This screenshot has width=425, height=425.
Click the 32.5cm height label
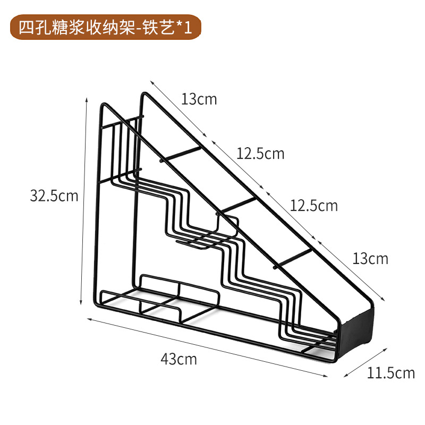pos(54,196)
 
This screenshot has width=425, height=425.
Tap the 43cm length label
pos(178,359)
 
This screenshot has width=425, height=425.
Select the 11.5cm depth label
pos(390,373)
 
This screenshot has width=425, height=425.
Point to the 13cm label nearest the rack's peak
pos(199,99)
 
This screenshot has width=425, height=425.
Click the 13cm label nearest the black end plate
pos(370,259)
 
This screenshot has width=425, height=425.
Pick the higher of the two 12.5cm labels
pos(260,154)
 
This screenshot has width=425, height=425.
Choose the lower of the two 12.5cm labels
pos(313,205)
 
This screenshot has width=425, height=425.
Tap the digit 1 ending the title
pos(188,28)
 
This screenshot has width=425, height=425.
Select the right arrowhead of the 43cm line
pos(326,376)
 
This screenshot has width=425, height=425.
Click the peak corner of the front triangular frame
pos(143,94)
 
